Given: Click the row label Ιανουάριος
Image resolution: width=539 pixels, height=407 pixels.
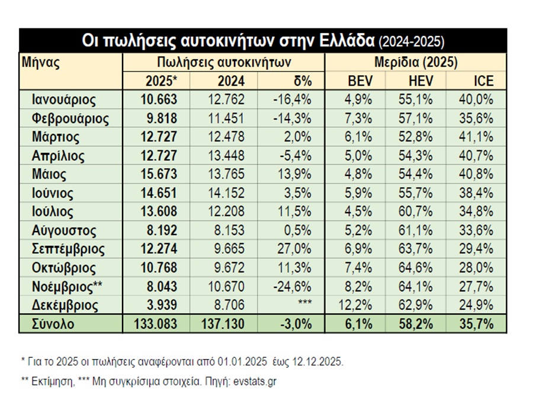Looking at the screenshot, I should click(x=64, y=100).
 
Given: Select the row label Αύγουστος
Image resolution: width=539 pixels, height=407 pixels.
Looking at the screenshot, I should click(x=64, y=230).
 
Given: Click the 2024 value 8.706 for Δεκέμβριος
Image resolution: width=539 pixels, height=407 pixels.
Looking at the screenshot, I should click(x=227, y=306).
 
